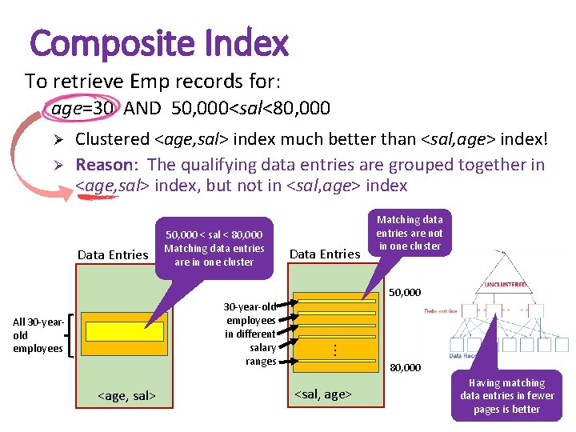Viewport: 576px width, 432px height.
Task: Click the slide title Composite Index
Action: pos(158,43)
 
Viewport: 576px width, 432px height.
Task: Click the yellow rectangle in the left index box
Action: pos(124,331)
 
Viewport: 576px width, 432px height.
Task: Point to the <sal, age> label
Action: pos(323,394)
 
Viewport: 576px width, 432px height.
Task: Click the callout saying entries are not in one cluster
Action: pos(409,233)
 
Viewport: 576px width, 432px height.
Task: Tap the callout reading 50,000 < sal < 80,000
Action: pos(214,248)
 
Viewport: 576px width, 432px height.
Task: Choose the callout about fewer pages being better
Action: pos(506,396)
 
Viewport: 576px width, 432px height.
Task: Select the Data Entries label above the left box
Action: pos(113,254)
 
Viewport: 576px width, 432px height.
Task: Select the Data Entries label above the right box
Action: pos(325,254)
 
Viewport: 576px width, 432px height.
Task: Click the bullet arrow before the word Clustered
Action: pos(58,140)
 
